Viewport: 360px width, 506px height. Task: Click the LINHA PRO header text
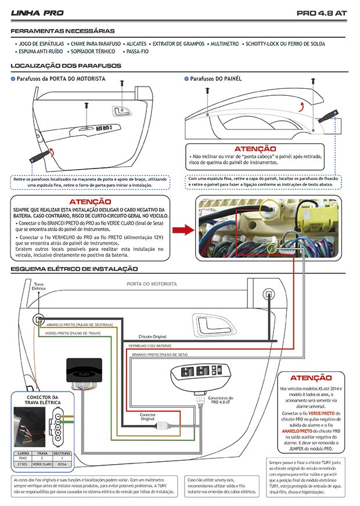click(x=37, y=12)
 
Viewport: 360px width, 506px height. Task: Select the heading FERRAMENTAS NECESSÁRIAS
click(x=63, y=31)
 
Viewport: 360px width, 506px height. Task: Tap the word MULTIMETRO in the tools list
click(x=224, y=44)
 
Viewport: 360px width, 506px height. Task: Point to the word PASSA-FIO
click(x=138, y=52)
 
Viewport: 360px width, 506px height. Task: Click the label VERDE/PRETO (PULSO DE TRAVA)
click(x=72, y=334)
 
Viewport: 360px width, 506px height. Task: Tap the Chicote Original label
click(x=152, y=336)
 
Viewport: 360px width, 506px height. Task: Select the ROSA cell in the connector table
click(x=62, y=464)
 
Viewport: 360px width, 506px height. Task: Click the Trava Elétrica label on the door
click(x=38, y=287)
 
